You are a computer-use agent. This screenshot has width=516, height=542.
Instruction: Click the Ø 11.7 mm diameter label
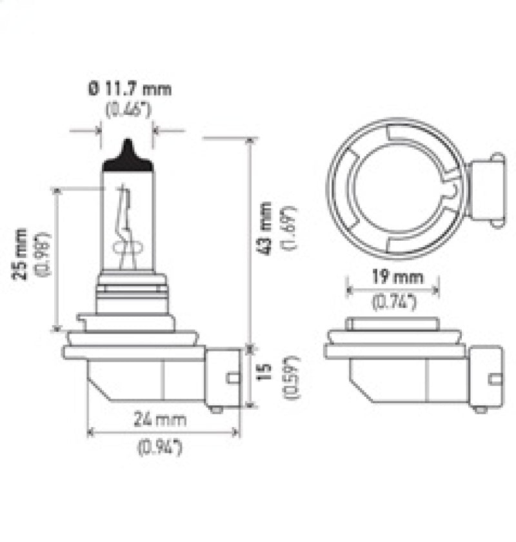[130, 89]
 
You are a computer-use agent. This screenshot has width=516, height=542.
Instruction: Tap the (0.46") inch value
[128, 110]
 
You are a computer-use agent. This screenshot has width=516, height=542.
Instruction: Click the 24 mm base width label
[161, 420]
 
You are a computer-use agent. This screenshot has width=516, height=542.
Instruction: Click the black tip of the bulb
[128, 157]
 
